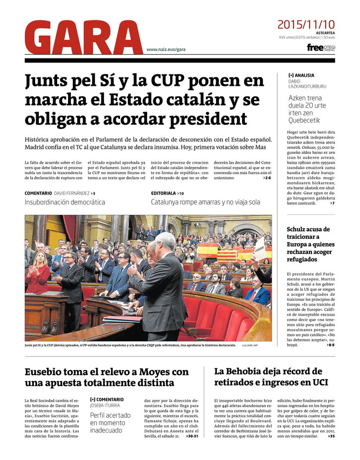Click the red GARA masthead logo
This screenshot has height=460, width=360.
[83, 37]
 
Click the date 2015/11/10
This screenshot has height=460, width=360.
[306, 24]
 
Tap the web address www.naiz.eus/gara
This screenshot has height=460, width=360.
[166, 50]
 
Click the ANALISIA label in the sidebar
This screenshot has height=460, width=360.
[303, 75]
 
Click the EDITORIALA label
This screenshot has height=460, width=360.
[164, 193]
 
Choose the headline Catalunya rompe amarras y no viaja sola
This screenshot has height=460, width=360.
[205, 202]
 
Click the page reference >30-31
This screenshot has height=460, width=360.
[191, 436]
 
